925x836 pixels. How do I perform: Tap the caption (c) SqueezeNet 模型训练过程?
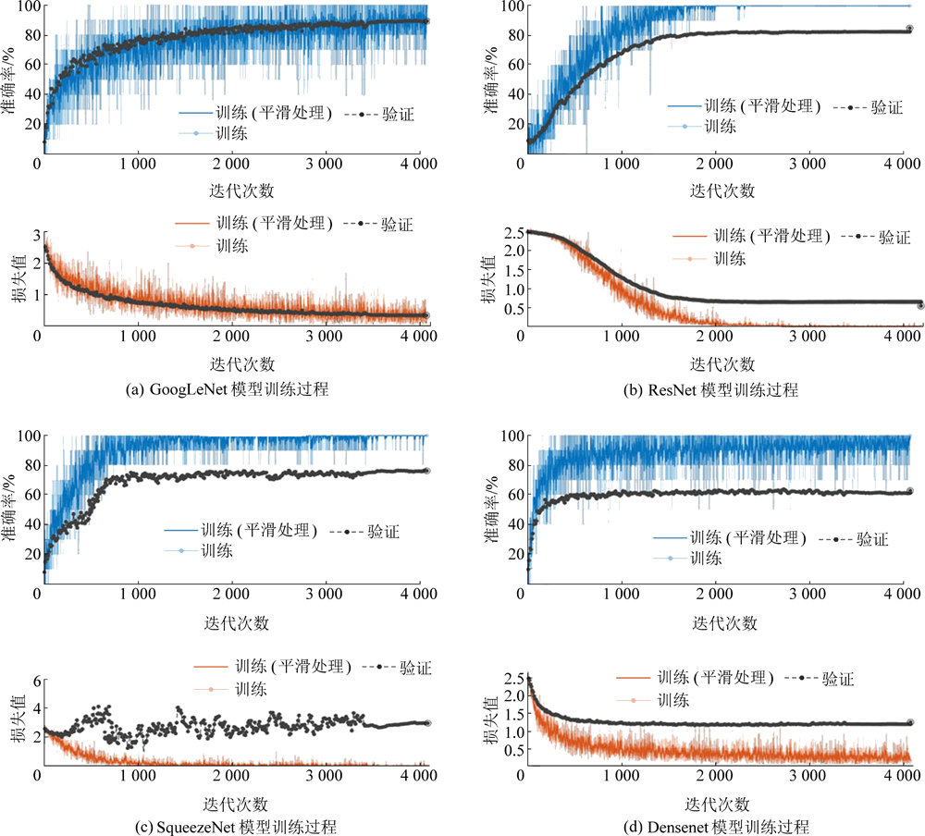231,826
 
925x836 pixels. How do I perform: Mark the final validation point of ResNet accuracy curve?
908,29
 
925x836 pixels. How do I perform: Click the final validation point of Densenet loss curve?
908,722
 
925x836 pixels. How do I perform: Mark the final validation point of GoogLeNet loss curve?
425,315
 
